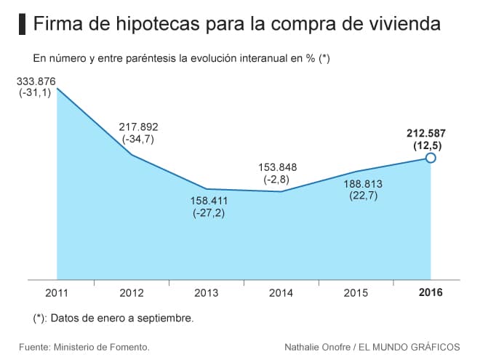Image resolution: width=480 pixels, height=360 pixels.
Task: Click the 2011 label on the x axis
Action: point(57,293)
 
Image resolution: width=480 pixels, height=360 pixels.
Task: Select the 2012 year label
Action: point(132,293)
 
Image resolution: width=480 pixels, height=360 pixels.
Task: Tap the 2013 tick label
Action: point(207,293)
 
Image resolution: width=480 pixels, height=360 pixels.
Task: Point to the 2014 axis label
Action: point(281,293)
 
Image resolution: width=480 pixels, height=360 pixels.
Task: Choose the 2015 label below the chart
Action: point(356,293)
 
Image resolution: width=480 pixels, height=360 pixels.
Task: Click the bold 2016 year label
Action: point(430,293)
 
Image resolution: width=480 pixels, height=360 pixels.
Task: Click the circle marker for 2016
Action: point(431,158)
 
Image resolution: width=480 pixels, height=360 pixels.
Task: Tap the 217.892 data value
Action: point(138,126)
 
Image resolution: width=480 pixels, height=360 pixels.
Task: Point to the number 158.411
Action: point(209,200)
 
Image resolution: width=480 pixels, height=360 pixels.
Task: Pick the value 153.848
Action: point(277,167)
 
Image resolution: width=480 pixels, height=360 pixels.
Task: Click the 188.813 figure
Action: point(361,183)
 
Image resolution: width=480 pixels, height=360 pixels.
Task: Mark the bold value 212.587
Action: point(426,133)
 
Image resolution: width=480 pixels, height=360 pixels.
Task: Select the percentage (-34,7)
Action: point(138,138)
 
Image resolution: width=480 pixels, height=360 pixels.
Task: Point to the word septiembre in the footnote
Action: point(166,318)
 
